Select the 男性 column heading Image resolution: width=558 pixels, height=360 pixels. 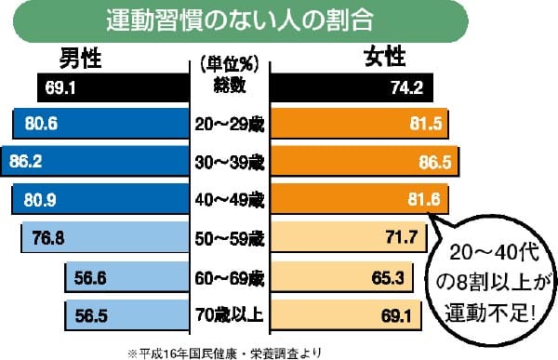coord(81,59)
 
